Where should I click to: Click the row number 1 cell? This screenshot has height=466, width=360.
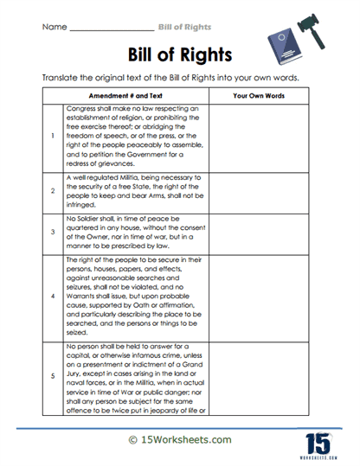[x=54, y=137]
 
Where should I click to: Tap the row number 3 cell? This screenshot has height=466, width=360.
[x=54, y=232]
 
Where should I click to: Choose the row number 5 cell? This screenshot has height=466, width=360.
[x=54, y=375]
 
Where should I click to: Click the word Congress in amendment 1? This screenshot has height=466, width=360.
[x=84, y=109]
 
